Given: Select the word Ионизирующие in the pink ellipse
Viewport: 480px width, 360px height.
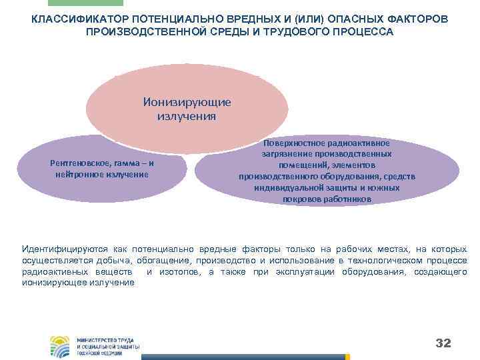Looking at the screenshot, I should (x=187, y=103).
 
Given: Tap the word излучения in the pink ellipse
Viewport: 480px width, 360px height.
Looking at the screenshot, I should (x=187, y=116).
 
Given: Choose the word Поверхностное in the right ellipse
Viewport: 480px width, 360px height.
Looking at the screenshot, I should (x=295, y=143).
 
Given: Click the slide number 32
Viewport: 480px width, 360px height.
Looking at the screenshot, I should (x=443, y=343).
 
